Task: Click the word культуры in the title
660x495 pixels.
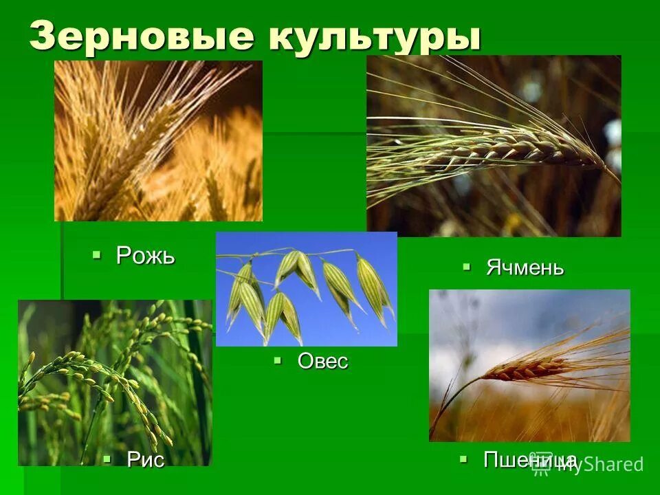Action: coord(374,37)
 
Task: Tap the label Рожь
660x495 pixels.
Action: coord(145,256)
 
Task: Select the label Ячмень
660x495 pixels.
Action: coord(525,267)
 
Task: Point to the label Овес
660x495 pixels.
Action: coord(322,361)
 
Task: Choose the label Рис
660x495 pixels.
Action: coord(146,459)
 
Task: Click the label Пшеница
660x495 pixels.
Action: coord(529,459)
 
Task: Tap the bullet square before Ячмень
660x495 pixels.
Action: coord(467,267)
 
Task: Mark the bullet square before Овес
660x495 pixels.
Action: coord(278,360)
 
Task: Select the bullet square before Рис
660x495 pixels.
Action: coord(107,458)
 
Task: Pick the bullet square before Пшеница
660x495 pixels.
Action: coord(464,458)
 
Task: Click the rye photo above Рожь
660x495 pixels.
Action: coord(158,141)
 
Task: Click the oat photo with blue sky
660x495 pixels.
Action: coord(306,289)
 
